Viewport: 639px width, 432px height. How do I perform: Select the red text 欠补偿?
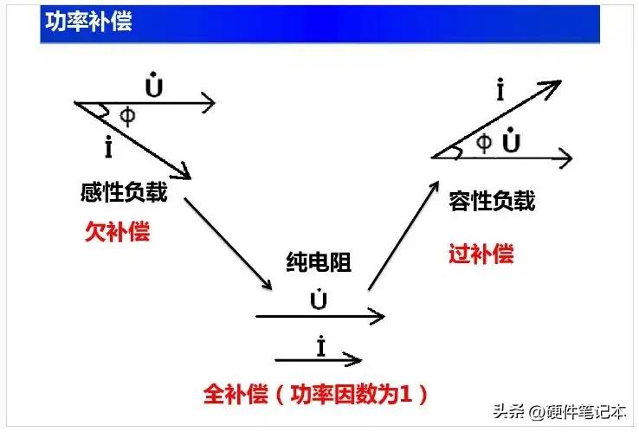[116, 231]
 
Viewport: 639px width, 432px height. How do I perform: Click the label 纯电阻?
[318, 262]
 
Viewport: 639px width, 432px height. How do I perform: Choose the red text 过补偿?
[481, 254]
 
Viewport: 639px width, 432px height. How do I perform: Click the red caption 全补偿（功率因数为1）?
[316, 394]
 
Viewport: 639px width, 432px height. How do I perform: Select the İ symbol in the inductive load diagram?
[107, 148]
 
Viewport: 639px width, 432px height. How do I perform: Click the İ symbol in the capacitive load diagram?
[500, 90]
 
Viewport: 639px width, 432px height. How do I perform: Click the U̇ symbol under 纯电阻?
[318, 300]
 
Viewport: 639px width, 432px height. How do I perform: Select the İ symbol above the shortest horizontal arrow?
[320, 346]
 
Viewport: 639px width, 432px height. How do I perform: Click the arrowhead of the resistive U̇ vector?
[378, 317]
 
